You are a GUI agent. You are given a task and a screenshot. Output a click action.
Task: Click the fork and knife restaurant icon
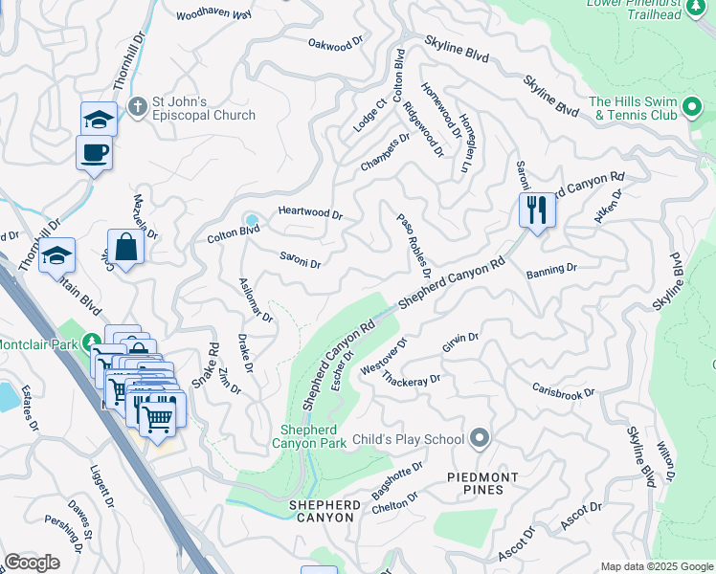(537, 209)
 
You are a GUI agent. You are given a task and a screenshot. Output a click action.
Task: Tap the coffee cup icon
(94, 153)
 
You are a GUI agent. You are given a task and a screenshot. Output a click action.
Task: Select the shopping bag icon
(125, 248)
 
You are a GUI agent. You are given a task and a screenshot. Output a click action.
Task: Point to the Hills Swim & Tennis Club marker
(691, 109)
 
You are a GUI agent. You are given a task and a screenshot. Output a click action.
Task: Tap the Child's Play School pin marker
(480, 439)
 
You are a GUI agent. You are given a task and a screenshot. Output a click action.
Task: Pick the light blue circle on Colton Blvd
(252, 220)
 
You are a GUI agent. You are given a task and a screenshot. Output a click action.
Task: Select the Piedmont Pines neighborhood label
(483, 483)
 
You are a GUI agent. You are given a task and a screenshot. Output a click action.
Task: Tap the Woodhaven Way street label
(214, 15)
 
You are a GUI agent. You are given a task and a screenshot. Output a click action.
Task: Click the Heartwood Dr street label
(310, 213)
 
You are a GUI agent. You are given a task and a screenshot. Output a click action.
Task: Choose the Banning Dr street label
(551, 271)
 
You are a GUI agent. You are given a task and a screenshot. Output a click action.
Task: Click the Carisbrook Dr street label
(564, 391)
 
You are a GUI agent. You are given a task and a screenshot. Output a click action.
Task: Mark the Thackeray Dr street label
(411, 380)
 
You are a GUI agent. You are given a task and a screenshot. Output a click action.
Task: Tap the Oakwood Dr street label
(337, 43)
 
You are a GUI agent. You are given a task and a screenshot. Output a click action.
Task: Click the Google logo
(32, 563)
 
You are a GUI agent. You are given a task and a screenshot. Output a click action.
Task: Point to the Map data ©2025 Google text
(656, 566)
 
